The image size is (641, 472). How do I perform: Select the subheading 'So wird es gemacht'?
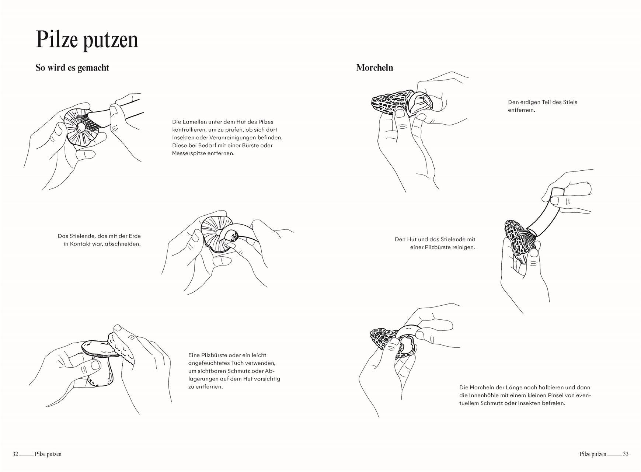point(72,68)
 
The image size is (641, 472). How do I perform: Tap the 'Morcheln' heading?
point(375,68)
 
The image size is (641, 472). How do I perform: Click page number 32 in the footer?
point(15,454)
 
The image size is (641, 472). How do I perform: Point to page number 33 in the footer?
point(626,454)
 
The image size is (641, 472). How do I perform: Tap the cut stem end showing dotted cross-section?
point(233,235)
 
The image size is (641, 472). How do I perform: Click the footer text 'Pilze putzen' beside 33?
point(592,454)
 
